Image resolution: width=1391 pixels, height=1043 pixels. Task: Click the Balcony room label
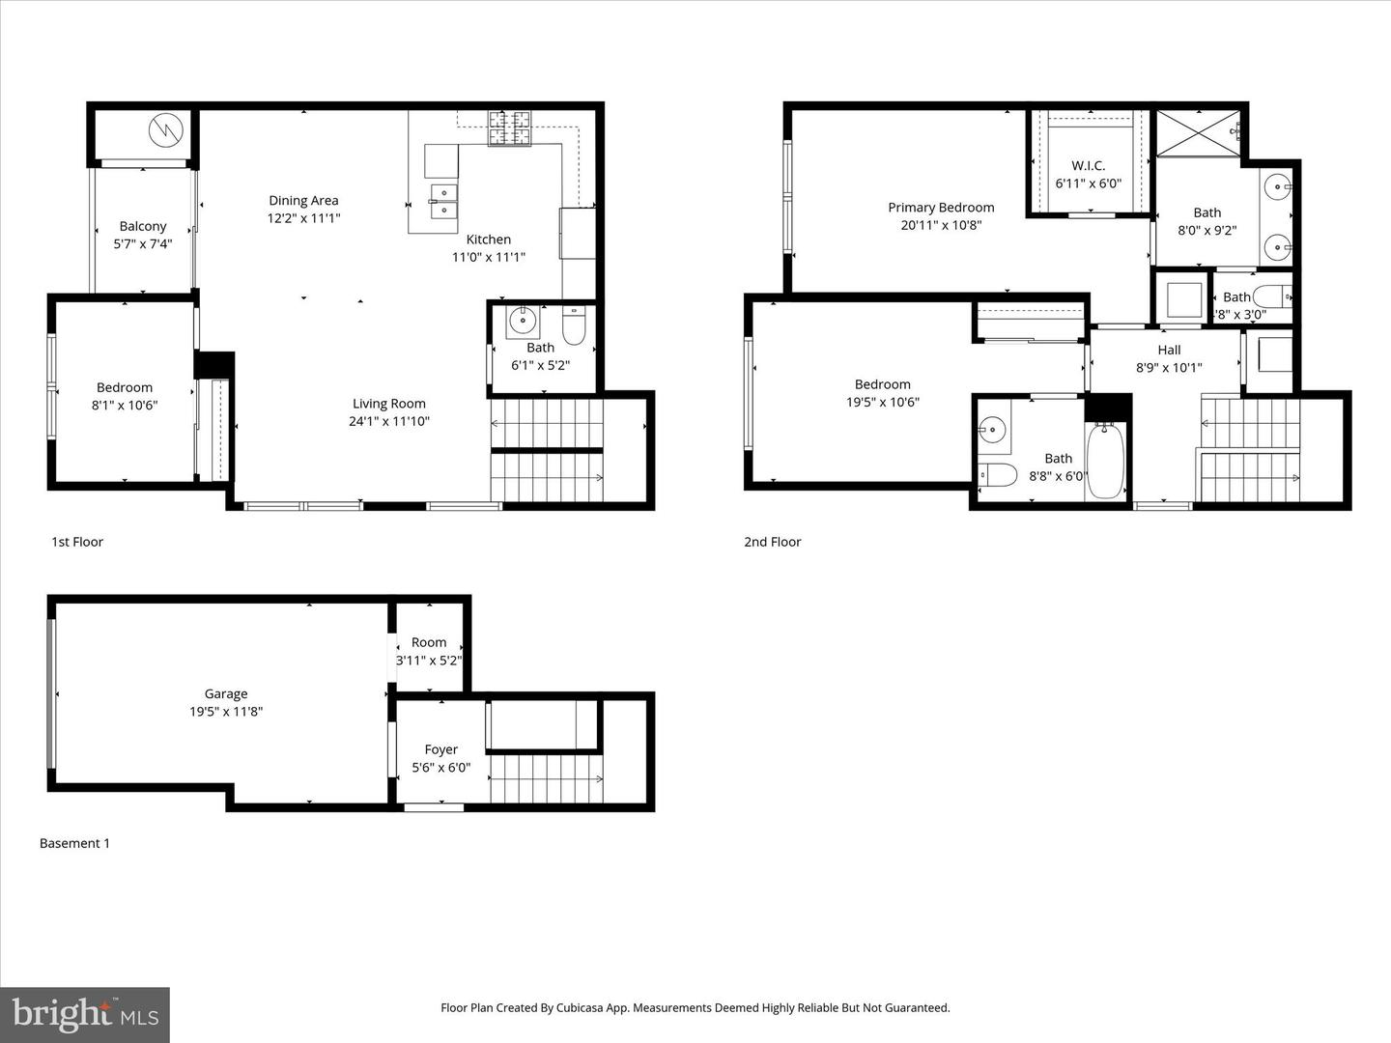(x=143, y=226)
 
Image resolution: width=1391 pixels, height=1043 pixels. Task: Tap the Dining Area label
(x=303, y=201)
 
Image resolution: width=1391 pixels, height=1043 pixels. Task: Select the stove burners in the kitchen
(x=509, y=128)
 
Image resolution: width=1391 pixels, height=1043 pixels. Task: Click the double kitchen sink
(x=444, y=201)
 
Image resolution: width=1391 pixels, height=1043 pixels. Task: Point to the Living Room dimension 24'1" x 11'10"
(x=388, y=421)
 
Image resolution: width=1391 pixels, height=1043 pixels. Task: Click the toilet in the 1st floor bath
(x=573, y=326)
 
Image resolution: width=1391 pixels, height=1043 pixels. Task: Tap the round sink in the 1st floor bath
(x=524, y=320)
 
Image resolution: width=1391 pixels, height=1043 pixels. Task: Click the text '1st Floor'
(x=77, y=542)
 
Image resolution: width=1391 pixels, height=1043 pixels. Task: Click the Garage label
(x=226, y=693)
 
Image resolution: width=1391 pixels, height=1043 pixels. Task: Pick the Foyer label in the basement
(x=440, y=749)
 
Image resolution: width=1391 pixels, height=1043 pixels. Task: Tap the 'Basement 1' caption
(x=74, y=843)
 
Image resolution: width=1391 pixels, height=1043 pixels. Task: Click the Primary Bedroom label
(x=941, y=208)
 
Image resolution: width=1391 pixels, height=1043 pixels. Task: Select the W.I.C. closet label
(x=1088, y=166)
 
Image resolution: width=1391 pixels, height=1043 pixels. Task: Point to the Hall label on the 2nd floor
(x=1169, y=351)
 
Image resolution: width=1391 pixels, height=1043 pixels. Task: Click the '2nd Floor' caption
(x=772, y=542)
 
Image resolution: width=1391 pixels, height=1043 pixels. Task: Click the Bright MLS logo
(x=85, y=1014)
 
